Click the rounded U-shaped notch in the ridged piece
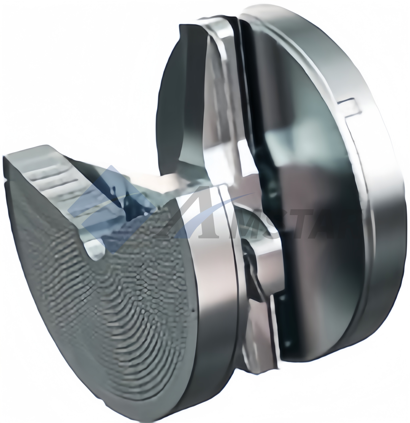click(x=95, y=249)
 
